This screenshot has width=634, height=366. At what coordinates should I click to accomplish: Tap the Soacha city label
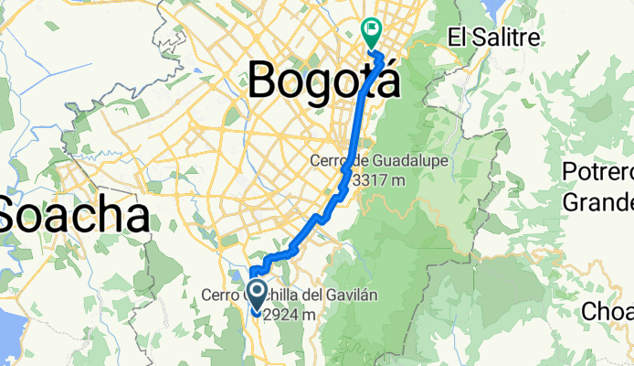(75, 216)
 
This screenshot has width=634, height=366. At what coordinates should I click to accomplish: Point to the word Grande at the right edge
(598, 199)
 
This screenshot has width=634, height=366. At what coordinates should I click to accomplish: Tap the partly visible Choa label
(608, 311)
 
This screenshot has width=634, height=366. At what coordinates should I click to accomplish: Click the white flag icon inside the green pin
(373, 28)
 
